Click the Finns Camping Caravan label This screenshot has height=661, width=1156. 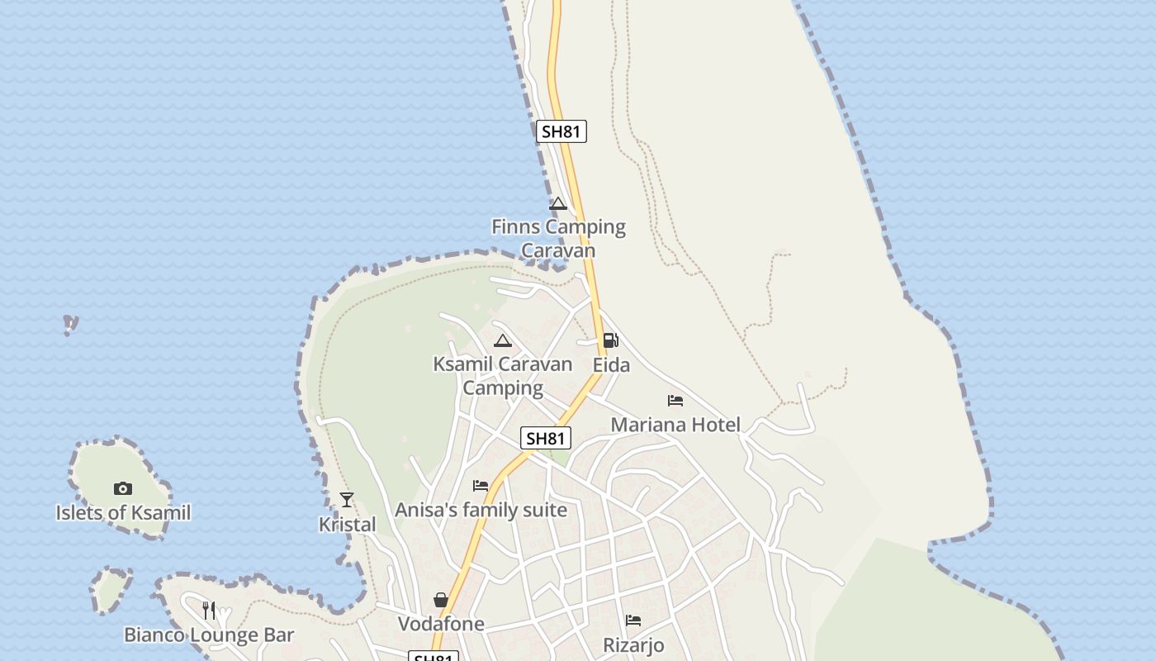(x=558, y=238)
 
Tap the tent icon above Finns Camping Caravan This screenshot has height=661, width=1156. (x=558, y=204)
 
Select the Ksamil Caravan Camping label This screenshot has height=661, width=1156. (x=502, y=376)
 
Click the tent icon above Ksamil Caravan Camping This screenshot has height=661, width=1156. (x=503, y=340)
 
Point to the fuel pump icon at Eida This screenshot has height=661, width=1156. (x=610, y=340)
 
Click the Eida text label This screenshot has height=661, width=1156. (x=611, y=365)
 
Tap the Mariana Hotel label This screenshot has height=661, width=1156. (x=675, y=425)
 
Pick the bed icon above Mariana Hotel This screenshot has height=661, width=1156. (x=675, y=401)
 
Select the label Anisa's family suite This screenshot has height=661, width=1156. (x=481, y=510)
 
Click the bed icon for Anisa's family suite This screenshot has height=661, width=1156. (x=481, y=486)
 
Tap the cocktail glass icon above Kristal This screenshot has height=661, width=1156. (x=347, y=500)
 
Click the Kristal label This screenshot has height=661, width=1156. (x=347, y=525)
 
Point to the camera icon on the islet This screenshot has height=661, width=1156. (x=123, y=488)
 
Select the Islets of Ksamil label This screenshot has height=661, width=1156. (x=123, y=513)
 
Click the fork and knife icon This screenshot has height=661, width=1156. (x=209, y=611)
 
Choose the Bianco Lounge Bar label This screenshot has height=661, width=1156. (x=209, y=635)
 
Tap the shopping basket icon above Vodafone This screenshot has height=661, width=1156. (x=441, y=600)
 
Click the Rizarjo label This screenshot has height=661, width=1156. (x=633, y=645)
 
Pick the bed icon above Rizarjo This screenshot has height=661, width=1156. (x=633, y=621)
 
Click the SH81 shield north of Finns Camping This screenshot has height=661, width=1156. (x=561, y=131)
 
